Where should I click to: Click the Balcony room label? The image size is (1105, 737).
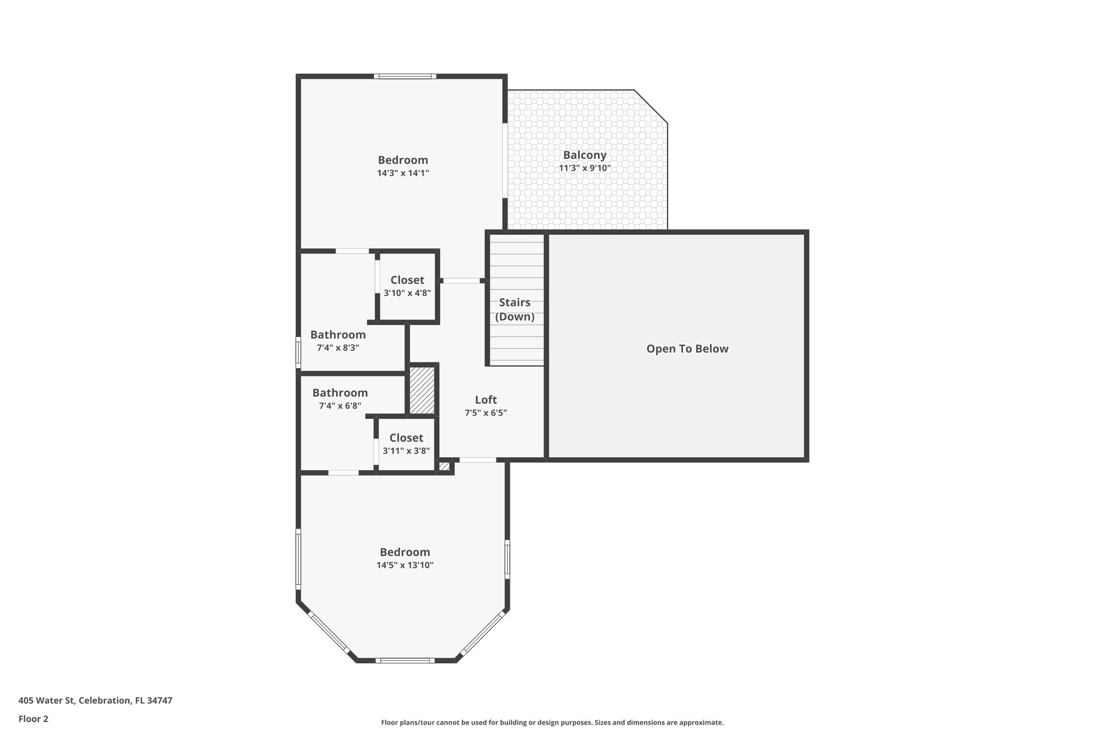(584, 155)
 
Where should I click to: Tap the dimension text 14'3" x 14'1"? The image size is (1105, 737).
(403, 173)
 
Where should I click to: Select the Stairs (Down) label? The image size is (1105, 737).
(515, 309)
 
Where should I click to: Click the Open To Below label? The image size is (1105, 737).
(687, 349)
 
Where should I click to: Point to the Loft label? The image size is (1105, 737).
(486, 400)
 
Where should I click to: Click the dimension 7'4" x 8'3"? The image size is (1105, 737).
(338, 348)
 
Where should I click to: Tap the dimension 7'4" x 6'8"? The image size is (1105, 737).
(340, 406)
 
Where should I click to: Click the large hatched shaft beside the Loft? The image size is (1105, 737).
(422, 390)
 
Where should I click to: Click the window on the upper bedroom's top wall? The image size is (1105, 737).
(405, 76)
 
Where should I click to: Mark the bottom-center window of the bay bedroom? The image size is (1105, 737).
(405, 660)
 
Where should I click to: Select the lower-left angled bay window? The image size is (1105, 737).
(328, 631)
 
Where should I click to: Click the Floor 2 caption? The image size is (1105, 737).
(33, 719)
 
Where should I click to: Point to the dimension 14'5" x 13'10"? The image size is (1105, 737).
(405, 565)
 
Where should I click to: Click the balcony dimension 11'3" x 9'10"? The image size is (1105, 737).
(584, 168)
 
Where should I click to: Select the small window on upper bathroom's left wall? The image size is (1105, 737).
(298, 353)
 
